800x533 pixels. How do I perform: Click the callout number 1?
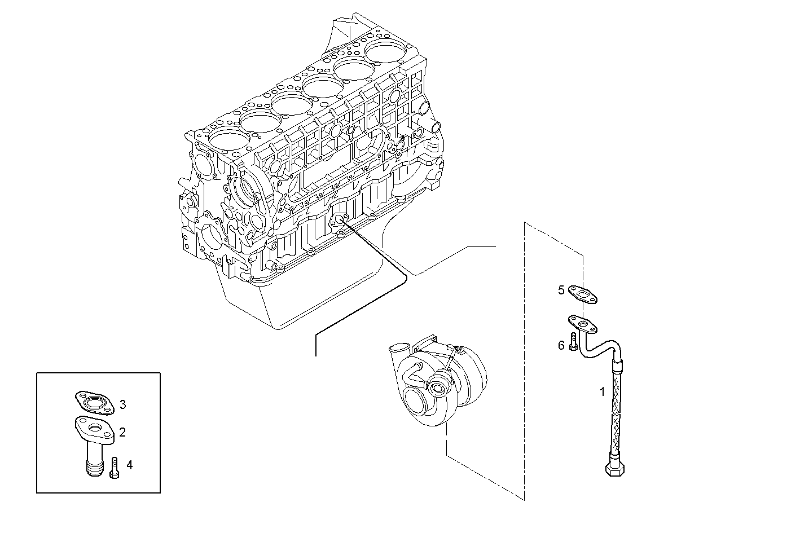click(602, 391)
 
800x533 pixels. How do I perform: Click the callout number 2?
click(122, 433)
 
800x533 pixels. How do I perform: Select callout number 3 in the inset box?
click(122, 404)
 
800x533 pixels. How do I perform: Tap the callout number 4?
click(130, 465)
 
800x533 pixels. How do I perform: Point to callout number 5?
click(561, 290)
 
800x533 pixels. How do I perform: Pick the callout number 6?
click(561, 345)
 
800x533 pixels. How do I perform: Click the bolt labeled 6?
click(574, 342)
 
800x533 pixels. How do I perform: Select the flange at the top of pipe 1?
click(582, 324)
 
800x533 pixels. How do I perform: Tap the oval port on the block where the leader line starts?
click(340, 220)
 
